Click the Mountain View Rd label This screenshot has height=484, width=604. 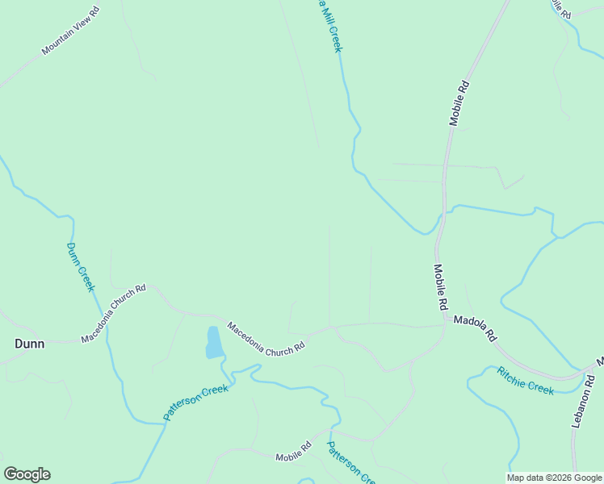(70, 31)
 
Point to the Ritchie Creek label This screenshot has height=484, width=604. (526, 380)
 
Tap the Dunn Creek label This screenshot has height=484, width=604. (81, 266)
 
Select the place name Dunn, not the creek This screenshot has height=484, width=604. (30, 344)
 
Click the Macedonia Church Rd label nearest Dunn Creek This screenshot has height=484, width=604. (113, 313)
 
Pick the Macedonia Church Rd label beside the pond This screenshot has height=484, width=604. (266, 336)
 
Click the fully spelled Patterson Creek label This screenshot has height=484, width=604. (196, 402)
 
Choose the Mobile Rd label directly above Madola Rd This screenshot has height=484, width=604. (440, 288)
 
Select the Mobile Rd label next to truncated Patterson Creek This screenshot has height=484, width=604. (294, 451)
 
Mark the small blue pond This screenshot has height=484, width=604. (214, 342)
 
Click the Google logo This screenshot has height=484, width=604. (27, 474)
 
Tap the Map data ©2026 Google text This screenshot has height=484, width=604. (555, 478)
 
